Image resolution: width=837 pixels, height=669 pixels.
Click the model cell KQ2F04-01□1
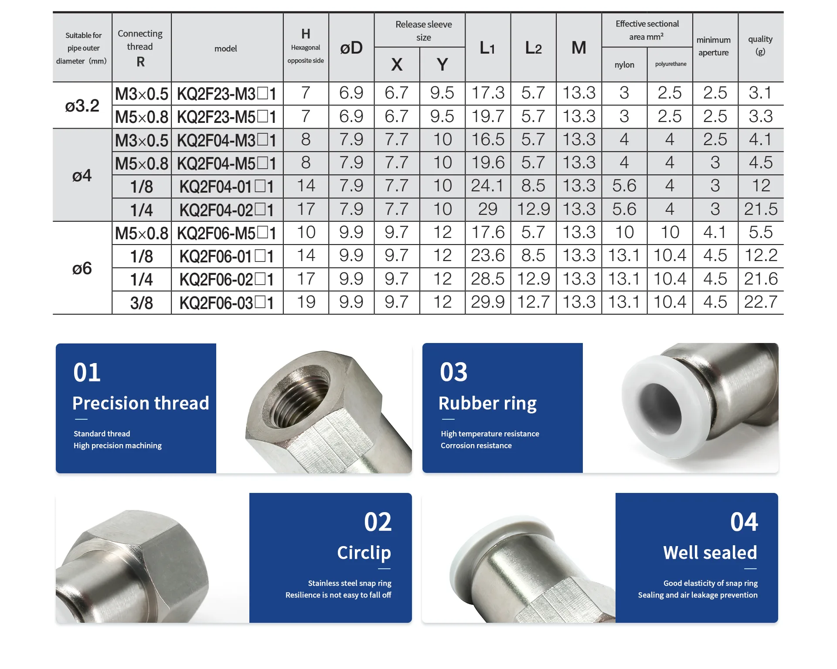point(227,187)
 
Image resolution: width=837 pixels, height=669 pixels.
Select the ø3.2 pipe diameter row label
point(82,105)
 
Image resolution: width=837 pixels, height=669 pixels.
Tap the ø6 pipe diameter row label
point(82,268)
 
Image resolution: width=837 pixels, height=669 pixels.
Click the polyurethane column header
point(670,64)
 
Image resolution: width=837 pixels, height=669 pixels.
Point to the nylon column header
point(624,65)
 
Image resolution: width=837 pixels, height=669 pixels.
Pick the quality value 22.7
point(761,302)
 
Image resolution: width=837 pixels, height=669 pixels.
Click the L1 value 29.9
point(488,302)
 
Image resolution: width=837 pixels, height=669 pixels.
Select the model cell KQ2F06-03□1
point(227,303)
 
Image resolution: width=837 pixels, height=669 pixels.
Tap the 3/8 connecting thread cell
point(142,303)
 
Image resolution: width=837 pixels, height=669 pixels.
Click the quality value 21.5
point(761,209)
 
